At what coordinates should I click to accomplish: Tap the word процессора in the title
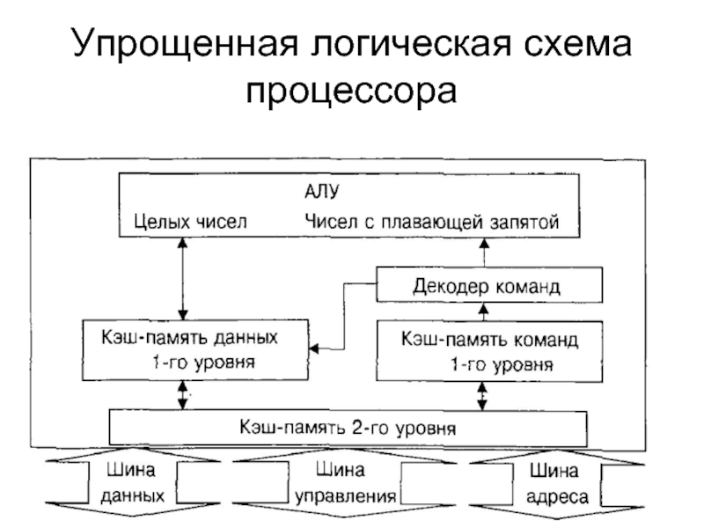pos(351,92)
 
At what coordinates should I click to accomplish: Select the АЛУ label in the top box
pos(321,192)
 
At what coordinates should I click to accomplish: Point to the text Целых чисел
pos(190,222)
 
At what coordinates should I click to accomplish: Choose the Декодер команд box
pos(489,284)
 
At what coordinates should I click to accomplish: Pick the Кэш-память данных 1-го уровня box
pos(195,350)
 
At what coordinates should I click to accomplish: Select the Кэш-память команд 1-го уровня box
pos(489,351)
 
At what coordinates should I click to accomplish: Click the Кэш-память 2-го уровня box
pos(348,428)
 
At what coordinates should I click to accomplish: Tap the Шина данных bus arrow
pos(133,482)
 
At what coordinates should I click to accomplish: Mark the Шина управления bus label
pos(345,483)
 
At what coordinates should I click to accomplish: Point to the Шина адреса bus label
pos(557,483)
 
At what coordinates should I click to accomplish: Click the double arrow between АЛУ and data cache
pos(182,278)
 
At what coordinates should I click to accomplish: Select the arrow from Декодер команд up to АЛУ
pos(484,253)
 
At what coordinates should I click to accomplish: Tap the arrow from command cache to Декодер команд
pos(483,312)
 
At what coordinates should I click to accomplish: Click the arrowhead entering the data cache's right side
pos(313,348)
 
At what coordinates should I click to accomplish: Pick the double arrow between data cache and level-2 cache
pos(182,395)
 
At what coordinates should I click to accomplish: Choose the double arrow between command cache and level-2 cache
pos(482,397)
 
